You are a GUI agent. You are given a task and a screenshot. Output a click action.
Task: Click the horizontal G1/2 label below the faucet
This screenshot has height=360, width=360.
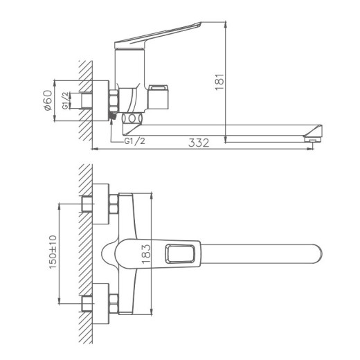coord(136,142)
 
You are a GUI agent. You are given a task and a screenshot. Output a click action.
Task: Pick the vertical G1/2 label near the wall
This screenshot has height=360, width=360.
coord(65,101)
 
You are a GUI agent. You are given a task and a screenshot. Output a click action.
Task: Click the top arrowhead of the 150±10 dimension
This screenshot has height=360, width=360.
coord(60,206)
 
